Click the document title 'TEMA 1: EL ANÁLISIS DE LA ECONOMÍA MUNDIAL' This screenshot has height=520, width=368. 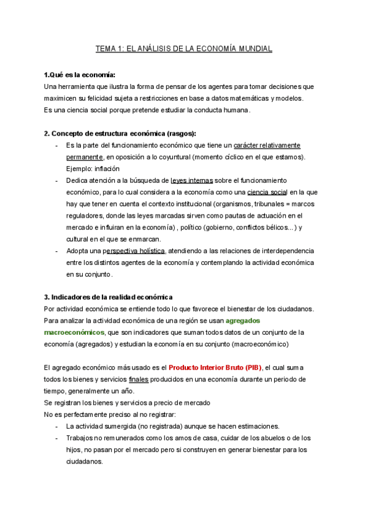184,48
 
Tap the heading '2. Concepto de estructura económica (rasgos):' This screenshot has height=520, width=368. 120,134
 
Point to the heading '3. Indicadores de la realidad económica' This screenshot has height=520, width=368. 109,297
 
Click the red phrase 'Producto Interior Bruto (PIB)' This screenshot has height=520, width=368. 215,367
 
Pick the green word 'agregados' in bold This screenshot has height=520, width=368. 243,320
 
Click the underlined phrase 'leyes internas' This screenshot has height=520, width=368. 192,180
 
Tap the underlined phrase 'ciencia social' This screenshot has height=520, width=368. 267,192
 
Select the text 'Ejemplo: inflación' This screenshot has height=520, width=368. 93,169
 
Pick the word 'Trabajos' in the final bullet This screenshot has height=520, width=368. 80,438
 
